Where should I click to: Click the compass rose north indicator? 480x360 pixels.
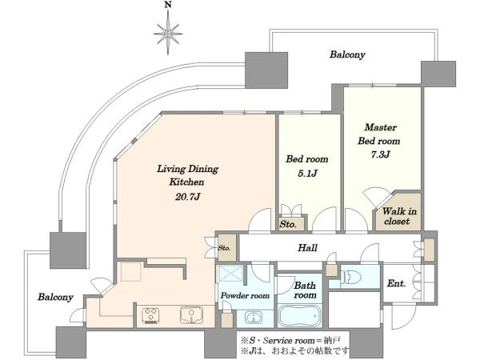coord(168,33)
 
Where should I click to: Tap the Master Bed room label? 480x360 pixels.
coord(379,134)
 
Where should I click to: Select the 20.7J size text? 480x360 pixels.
coord(187,197)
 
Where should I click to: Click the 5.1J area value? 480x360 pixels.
coord(307,174)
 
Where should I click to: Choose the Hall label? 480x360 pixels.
coord(307,248)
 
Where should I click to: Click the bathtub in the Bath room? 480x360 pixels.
coord(300,316)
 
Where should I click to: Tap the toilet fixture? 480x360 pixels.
coord(351,278)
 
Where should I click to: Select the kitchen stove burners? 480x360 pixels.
coord(151,316)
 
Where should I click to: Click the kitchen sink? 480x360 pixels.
coord(192,315)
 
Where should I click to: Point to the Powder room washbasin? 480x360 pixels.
coord(254,318)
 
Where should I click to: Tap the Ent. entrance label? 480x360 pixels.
coord(396,283)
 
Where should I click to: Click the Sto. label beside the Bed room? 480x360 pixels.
coord(288,224)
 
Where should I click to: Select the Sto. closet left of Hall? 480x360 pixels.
coord(227,248)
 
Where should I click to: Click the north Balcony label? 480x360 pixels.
coord(347,54)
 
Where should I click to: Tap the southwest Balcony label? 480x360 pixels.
coord(55,297)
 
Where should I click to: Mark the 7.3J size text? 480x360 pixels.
coord(380,154)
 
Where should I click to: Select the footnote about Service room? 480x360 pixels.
coord(291,341)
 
